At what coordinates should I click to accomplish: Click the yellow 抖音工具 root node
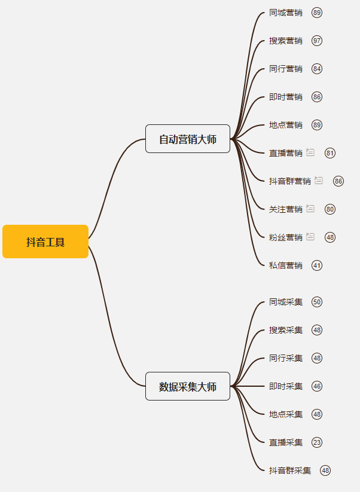pos(45,242)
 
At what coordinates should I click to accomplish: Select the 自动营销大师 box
pos(188,139)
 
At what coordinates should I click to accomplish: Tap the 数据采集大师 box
pos(188,386)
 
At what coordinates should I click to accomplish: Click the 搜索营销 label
pos(286,41)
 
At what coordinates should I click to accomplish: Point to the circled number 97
pos(317,41)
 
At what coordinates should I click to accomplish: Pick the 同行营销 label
pos(286,69)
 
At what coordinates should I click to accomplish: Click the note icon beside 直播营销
pos(310,152)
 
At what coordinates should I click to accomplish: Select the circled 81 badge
pos(330,153)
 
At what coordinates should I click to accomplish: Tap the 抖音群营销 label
pos(290,181)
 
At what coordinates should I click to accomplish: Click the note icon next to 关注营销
pos(310,209)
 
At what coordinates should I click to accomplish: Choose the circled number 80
pos(330,209)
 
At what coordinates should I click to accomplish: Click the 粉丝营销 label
pos(286,237)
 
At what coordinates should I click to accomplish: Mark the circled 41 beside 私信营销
pos(317,265)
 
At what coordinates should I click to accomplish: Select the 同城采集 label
pos(286,302)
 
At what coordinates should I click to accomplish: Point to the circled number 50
pos(317,302)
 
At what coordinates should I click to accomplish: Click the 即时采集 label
pos(286,386)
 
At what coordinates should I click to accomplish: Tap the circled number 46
pos(317,386)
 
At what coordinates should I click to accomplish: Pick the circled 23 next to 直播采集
pos(317,442)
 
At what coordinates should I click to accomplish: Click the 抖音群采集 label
pos(290,470)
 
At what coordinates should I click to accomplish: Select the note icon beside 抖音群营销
pos(319,181)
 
